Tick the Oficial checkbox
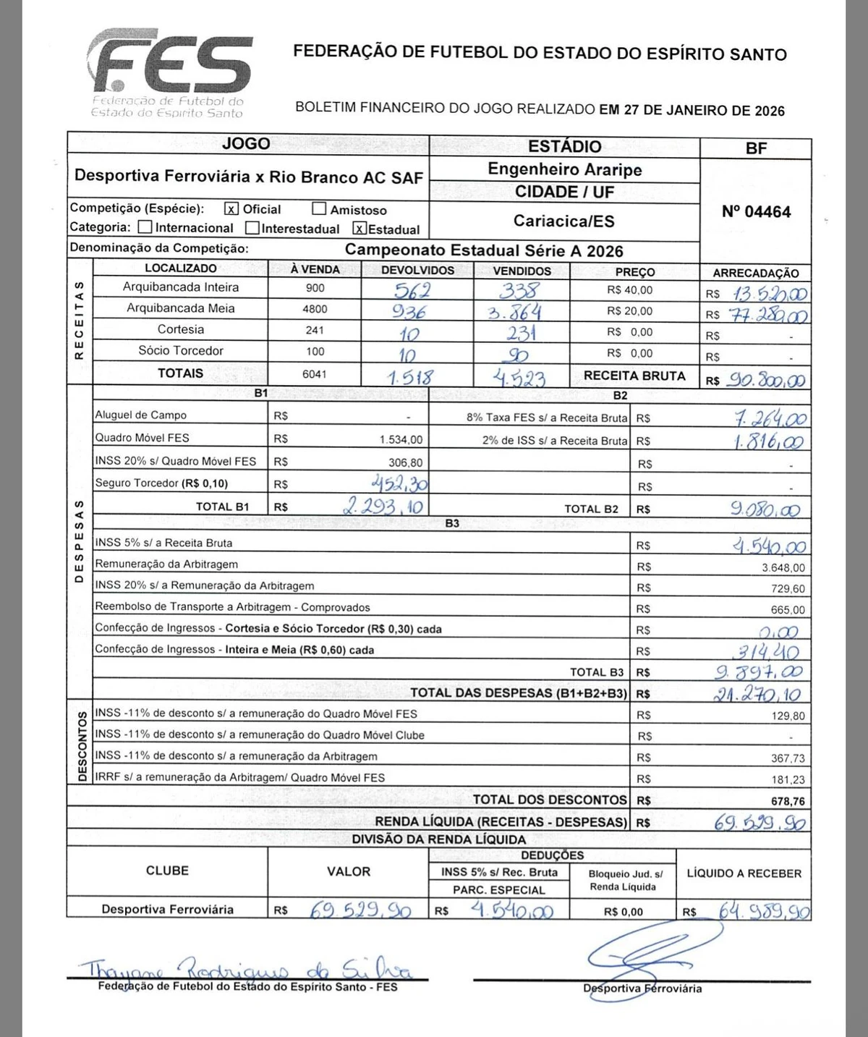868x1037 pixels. pyautogui.click(x=231, y=209)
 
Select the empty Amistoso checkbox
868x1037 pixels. pyautogui.click(x=319, y=209)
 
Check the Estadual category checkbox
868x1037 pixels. pyautogui.click(x=359, y=229)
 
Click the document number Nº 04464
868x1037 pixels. pyautogui.click(x=756, y=212)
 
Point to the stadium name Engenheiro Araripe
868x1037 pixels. pyautogui.click(x=564, y=169)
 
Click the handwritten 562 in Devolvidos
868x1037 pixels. pyautogui.click(x=412, y=290)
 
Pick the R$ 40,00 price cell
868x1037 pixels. pyautogui.click(x=629, y=290)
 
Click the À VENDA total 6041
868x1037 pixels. pyautogui.click(x=315, y=374)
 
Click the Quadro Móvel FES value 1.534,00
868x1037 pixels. pyautogui.click(x=401, y=439)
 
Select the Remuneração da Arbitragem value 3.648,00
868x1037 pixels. pyautogui.click(x=783, y=568)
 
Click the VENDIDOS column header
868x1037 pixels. pyautogui.click(x=522, y=271)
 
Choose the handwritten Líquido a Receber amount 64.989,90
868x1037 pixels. pyautogui.click(x=763, y=910)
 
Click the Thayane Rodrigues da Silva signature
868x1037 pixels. pyautogui.click(x=246, y=969)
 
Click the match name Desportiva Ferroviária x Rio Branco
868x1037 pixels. pyautogui.click(x=248, y=177)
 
